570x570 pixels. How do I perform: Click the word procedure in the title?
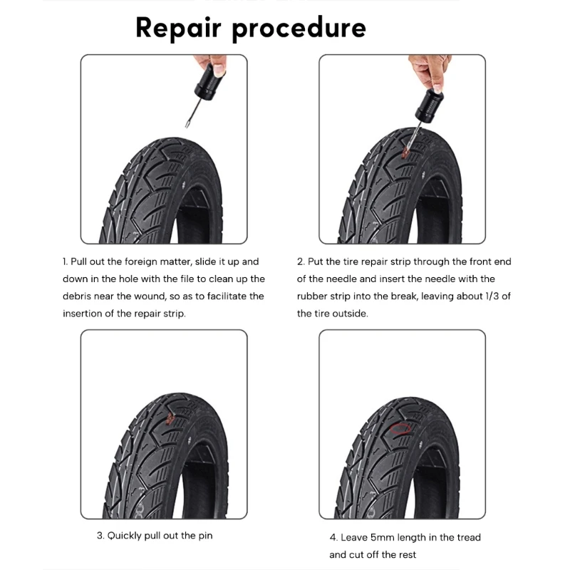tap(299, 29)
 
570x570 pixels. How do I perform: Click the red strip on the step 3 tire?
tap(170, 420)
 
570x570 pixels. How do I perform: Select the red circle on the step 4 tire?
tap(401, 429)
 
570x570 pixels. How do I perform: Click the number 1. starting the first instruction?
tap(65, 261)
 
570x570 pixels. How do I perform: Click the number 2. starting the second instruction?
tap(301, 261)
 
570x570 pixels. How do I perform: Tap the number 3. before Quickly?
tap(100, 536)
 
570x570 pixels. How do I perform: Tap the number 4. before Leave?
tap(333, 537)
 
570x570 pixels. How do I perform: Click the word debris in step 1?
tap(77, 296)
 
